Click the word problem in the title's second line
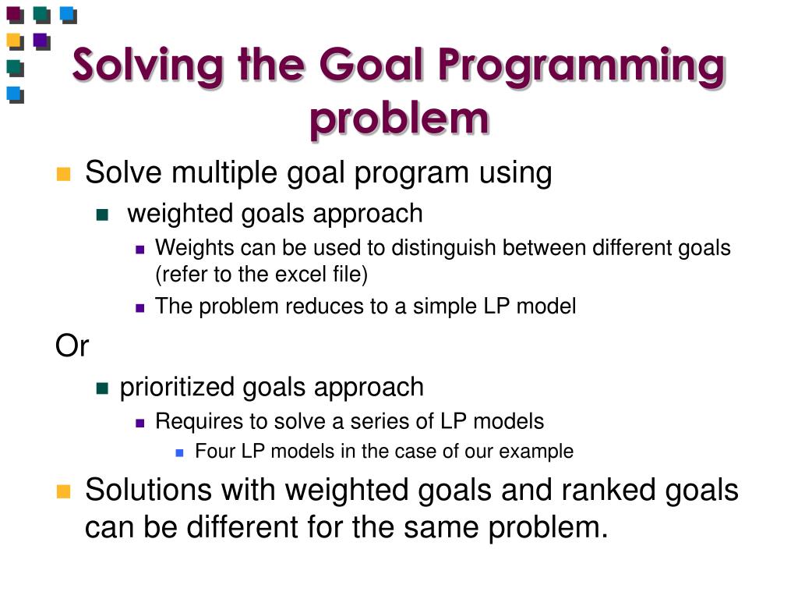pyautogui.click(x=399, y=119)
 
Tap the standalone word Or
pyautogui.click(x=72, y=346)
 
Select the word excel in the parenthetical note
pyautogui.click(x=301, y=275)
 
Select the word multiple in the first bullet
pyautogui.click(x=225, y=172)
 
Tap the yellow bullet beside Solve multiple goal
pyautogui.click(x=63, y=174)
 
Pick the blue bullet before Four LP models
pyautogui.click(x=179, y=452)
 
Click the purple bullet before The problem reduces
pyautogui.click(x=140, y=307)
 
